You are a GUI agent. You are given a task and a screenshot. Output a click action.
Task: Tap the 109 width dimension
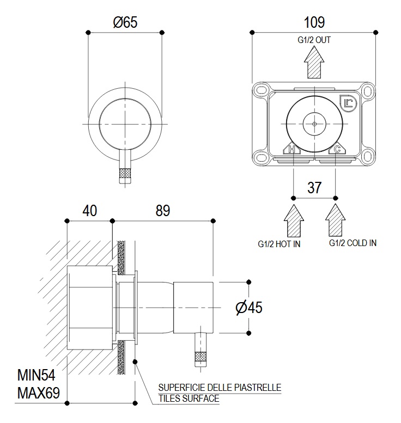pyautogui.click(x=314, y=22)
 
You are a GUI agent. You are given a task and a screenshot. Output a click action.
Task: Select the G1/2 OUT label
pyautogui.click(x=314, y=40)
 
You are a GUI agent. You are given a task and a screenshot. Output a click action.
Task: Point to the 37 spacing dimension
pyautogui.click(x=314, y=188)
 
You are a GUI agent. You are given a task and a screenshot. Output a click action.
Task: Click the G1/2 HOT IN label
pyautogui.click(x=279, y=244)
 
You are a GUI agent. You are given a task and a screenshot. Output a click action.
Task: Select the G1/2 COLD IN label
pyautogui.click(x=353, y=243)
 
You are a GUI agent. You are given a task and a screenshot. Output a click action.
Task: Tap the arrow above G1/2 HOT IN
pyautogui.click(x=294, y=219)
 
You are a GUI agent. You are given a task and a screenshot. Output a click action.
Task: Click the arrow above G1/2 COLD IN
pyautogui.click(x=335, y=219)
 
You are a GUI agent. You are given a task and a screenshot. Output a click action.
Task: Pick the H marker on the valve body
pyautogui.click(x=291, y=149)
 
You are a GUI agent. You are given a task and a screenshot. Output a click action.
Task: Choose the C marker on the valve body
pyautogui.click(x=337, y=149)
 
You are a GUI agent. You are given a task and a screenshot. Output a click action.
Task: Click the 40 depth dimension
pyautogui.click(x=89, y=210)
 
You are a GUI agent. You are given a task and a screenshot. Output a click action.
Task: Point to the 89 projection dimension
pyautogui.click(x=162, y=210)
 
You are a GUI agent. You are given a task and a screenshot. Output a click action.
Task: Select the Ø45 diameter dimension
pyautogui.click(x=249, y=308)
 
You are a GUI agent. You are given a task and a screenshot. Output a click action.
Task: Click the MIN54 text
pyautogui.click(x=37, y=375)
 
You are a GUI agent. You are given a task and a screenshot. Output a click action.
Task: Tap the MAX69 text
pyautogui.click(x=37, y=392)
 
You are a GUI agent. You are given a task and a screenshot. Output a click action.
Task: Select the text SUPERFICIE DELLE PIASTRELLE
pyautogui.click(x=220, y=388)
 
